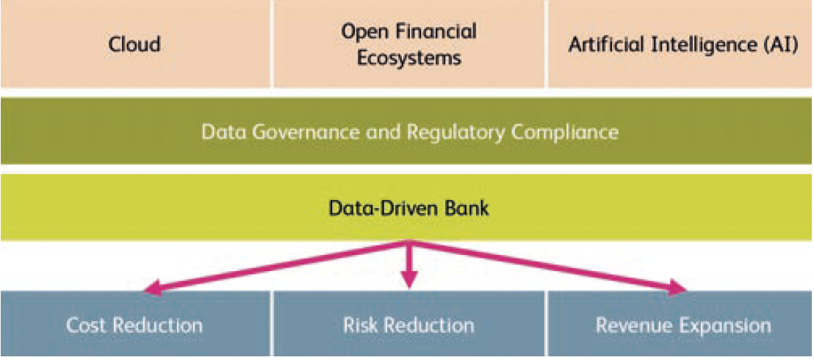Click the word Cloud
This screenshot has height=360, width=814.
(134, 44)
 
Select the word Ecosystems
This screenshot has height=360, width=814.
(409, 57)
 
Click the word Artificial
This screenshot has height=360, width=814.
(605, 45)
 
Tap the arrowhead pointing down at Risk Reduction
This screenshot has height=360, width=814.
(409, 278)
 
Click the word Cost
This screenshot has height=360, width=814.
(87, 325)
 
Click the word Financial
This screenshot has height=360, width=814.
(442, 32)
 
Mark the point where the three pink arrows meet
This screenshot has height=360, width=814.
(409, 242)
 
